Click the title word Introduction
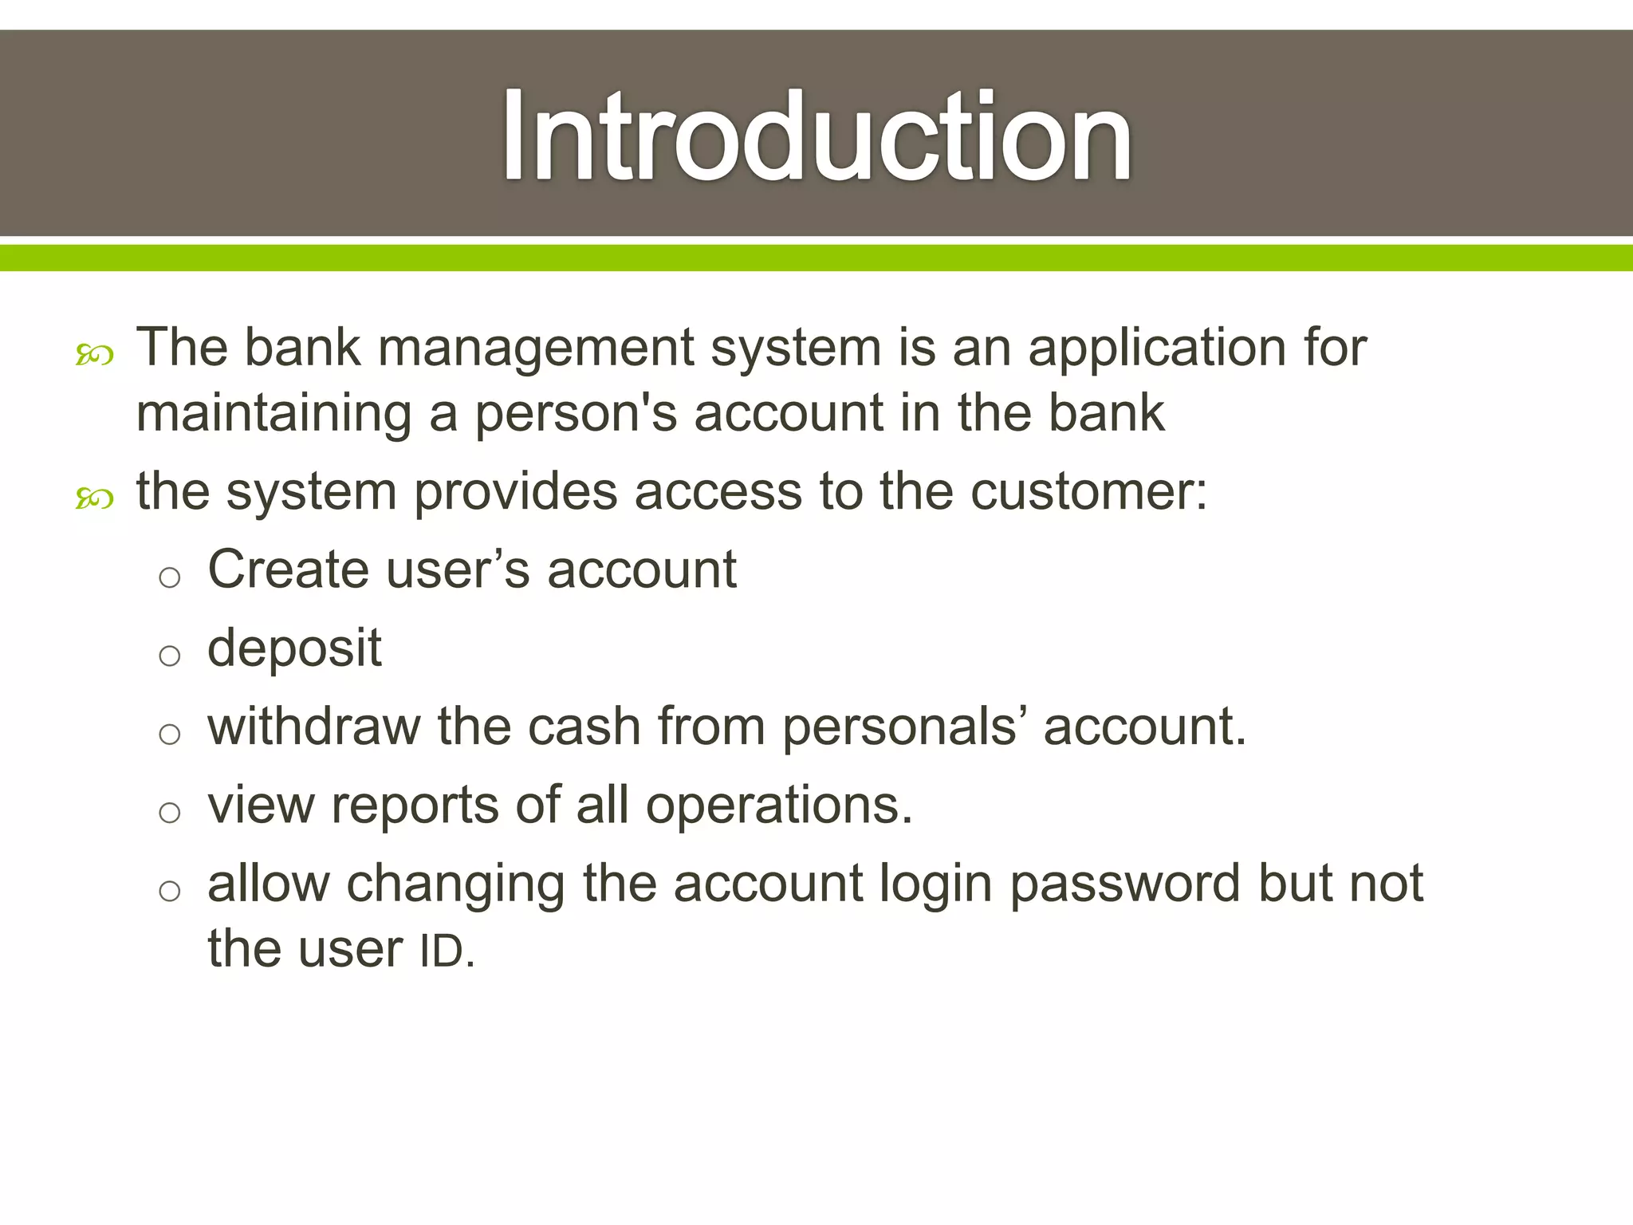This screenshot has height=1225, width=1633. pos(816,136)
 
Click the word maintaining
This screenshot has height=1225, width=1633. pos(274,414)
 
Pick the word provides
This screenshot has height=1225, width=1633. pos(515,493)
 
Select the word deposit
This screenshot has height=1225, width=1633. pos(294,649)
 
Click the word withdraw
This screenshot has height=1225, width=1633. pos(313,727)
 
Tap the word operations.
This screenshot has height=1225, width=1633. pos(779,806)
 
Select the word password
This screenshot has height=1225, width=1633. pos(1125,884)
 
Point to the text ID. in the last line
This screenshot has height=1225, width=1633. pos(447,951)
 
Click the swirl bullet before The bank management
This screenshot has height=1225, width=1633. pos(94,355)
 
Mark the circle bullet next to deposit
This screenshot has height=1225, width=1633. pos(169,656)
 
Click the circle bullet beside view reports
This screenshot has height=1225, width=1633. pos(169,813)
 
